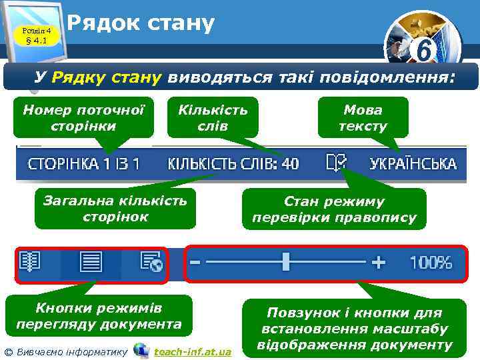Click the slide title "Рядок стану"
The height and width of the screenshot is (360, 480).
pyautogui.click(x=141, y=24)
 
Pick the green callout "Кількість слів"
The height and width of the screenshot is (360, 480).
pyautogui.click(x=213, y=117)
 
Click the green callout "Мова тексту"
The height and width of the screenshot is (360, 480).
pyautogui.click(x=363, y=117)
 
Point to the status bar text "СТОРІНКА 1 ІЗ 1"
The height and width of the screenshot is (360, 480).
pyautogui.click(x=85, y=163)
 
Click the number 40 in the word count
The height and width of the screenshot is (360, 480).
pyautogui.click(x=290, y=163)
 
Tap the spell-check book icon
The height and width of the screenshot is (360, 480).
pyautogui.click(x=336, y=163)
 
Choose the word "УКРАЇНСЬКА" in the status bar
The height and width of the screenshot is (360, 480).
pyautogui.click(x=413, y=163)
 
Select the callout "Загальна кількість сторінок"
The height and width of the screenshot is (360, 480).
pyautogui.click(x=115, y=208)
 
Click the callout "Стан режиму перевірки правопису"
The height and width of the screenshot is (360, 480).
pyautogui.click(x=334, y=209)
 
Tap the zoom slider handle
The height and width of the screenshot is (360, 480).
pyautogui.click(x=286, y=262)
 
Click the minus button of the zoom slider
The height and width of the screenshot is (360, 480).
pyautogui.click(x=195, y=262)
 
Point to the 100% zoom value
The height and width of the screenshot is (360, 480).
pyautogui.click(x=430, y=263)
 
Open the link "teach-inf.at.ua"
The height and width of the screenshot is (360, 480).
pyautogui.click(x=193, y=351)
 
